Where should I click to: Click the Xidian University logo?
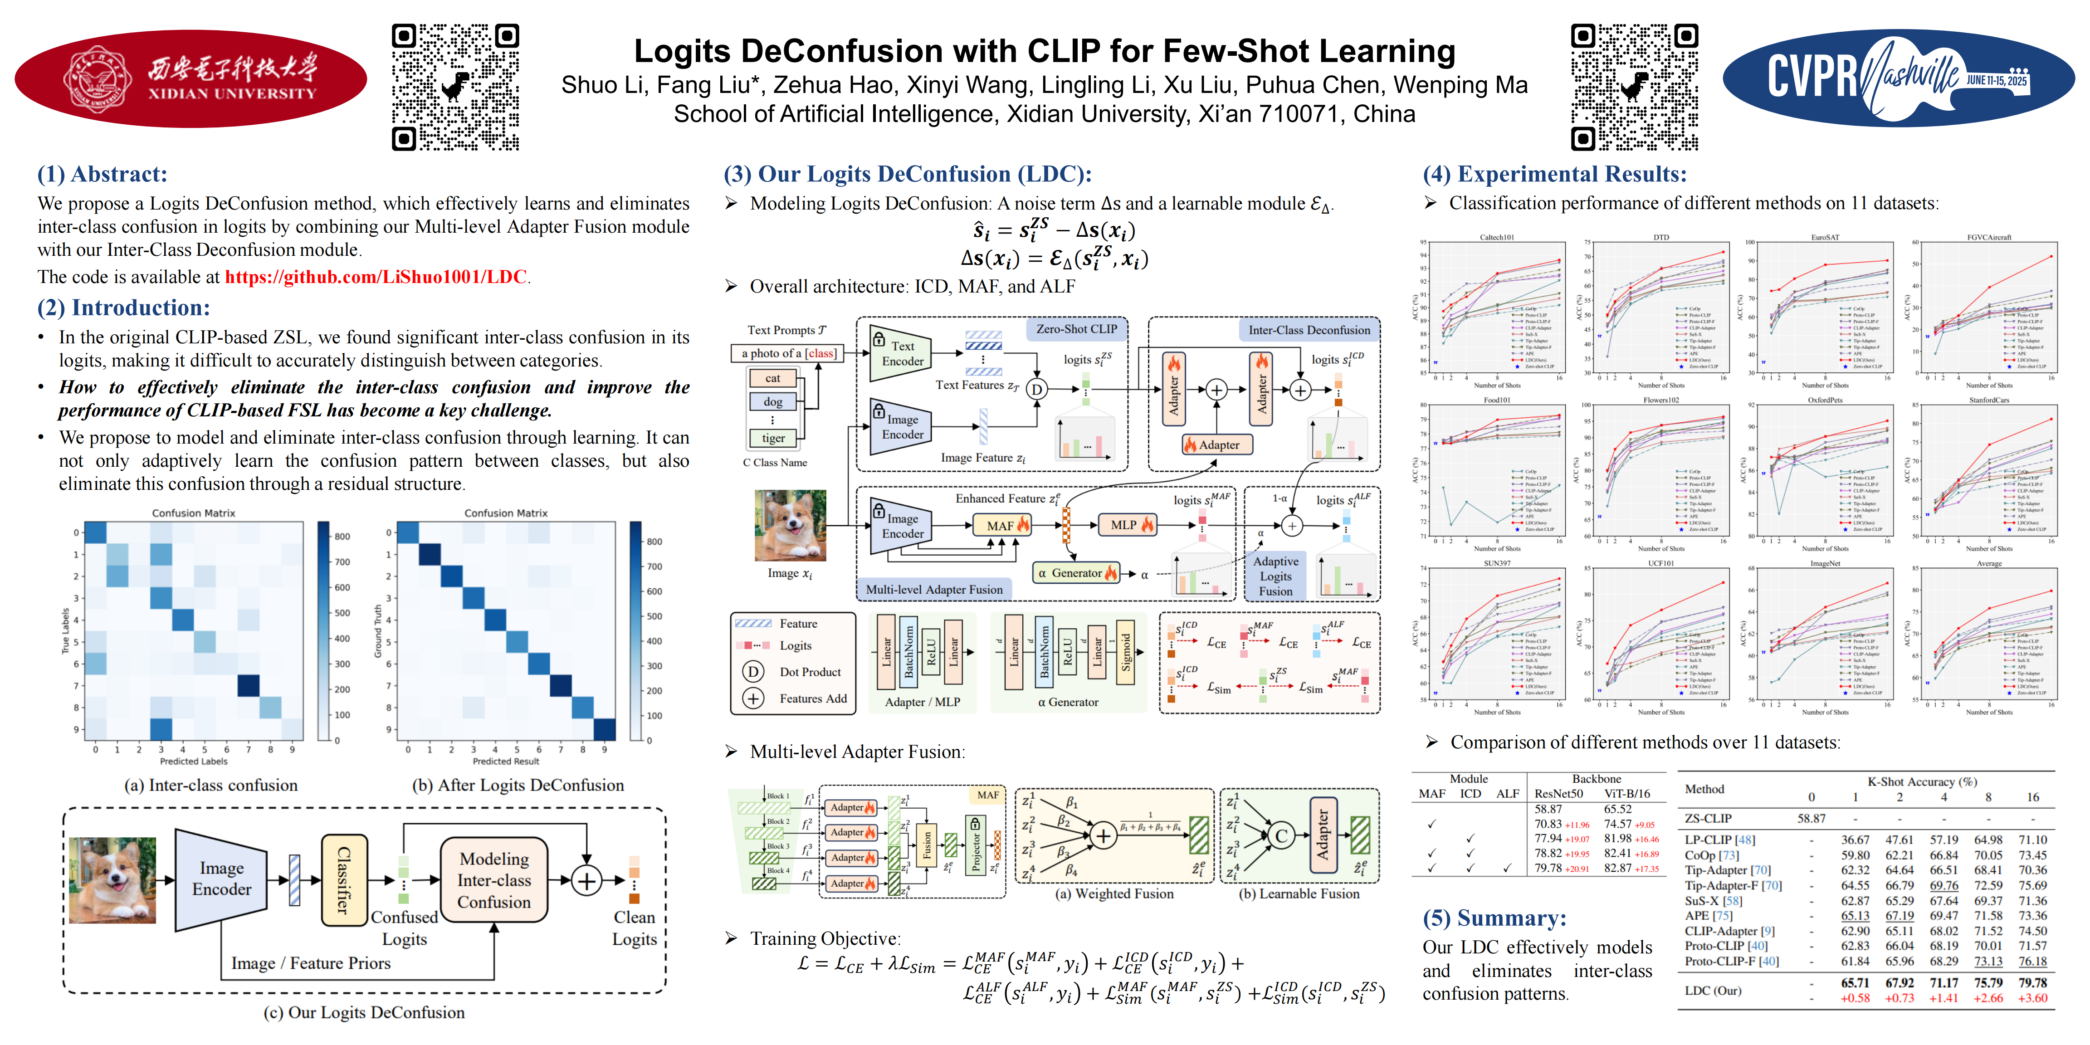pos(190,79)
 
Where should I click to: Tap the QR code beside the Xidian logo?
pos(455,87)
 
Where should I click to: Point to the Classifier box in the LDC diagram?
pos(344,880)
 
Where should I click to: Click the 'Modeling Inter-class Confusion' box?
pos(493,880)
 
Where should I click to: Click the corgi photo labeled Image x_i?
pos(790,526)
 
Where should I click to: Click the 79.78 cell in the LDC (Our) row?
pos(2032,982)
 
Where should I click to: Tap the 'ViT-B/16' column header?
pos(1627,793)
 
